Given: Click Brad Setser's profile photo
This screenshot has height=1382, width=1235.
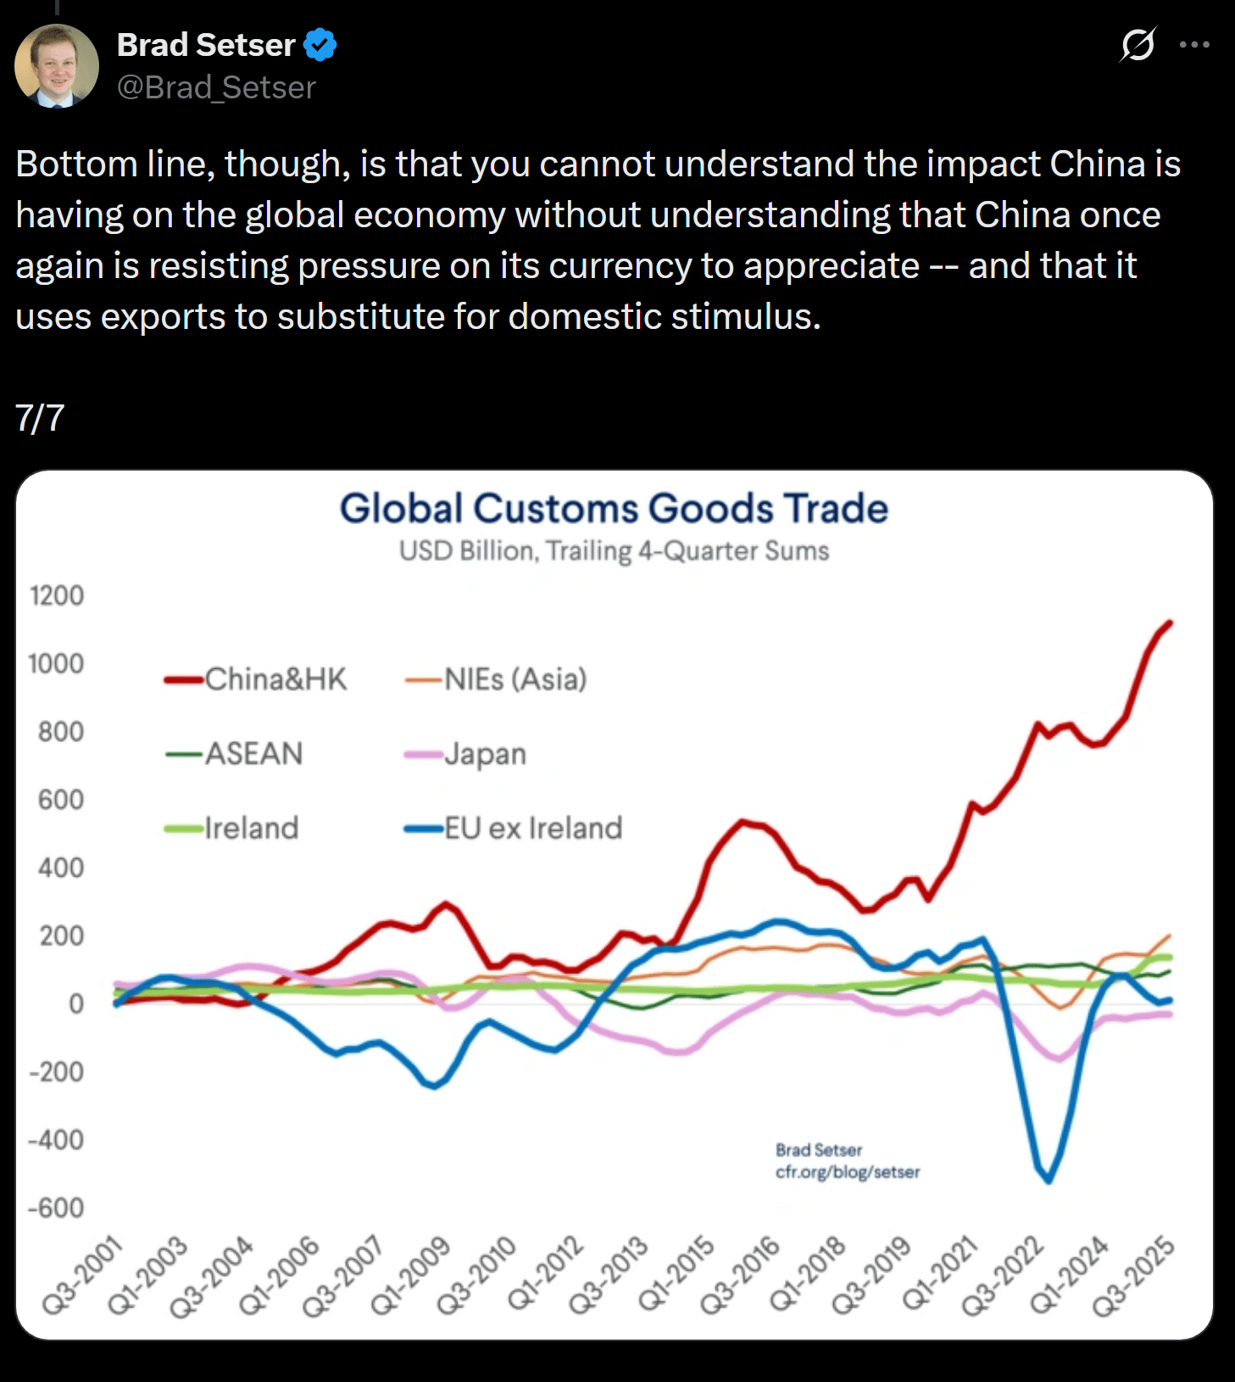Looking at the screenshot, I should [x=57, y=66].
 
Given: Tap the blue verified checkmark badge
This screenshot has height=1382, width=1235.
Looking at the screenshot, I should [x=320, y=45].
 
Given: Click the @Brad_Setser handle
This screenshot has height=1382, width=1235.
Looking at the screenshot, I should [x=216, y=87].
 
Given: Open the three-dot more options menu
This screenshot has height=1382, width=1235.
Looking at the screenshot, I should [x=1194, y=45].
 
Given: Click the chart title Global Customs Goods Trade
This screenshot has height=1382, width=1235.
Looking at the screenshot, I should [x=614, y=509].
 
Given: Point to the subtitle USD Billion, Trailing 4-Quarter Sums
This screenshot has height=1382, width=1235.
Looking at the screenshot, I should [x=614, y=551].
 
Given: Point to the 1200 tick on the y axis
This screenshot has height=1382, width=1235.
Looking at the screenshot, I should [x=57, y=596].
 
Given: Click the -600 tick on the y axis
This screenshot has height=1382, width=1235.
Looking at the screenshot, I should [x=56, y=1207].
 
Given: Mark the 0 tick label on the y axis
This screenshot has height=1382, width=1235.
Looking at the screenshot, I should [x=76, y=1004].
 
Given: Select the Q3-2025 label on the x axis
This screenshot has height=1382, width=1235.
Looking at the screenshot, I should [x=1133, y=1277].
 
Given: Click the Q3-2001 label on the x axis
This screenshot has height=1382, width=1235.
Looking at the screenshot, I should [x=82, y=1277].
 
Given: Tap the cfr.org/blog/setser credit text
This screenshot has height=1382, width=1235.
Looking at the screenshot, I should [x=847, y=1172].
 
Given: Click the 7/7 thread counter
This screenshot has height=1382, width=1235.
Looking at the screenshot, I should [x=40, y=418].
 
